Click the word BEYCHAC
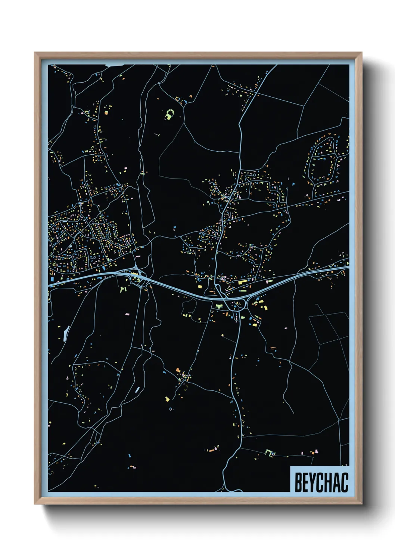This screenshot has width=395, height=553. coord(321,482)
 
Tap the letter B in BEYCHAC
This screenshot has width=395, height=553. coord(299,482)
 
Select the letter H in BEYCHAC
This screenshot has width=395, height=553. coord(329,482)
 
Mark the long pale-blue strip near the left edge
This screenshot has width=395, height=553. coord(66,334)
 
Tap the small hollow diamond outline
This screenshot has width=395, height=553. coord(171,409)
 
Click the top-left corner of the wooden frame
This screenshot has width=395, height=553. coord(35,53)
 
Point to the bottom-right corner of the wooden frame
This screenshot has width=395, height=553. coord(361,504)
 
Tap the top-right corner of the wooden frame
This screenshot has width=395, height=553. coord(361,53)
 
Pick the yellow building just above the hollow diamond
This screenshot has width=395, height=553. coord(168,399)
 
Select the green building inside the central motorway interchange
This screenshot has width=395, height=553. coord(219,306)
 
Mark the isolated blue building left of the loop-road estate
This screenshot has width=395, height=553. coord(293,184)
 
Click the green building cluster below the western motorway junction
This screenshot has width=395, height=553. coord(123,288)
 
